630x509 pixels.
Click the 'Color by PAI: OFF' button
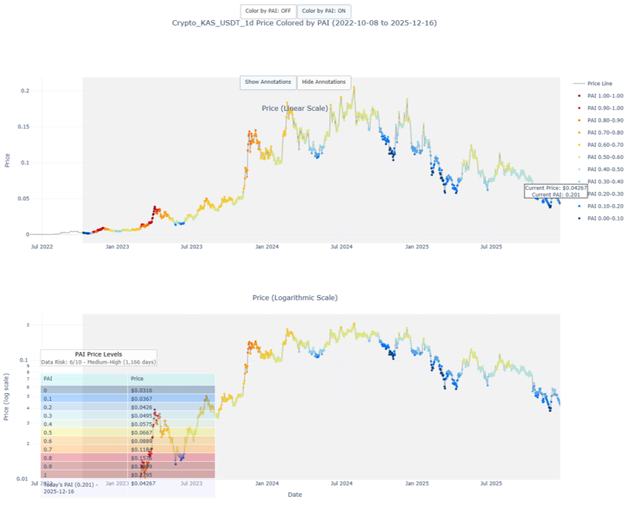point(268,11)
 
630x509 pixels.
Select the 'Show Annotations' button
point(268,82)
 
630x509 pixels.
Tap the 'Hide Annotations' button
point(324,82)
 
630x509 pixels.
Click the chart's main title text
point(305,23)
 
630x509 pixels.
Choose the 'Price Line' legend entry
point(599,84)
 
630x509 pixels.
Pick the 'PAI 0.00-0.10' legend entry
point(605,218)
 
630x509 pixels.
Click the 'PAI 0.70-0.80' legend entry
point(605,132)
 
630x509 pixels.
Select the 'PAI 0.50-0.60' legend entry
point(605,157)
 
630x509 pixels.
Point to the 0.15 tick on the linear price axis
point(24,127)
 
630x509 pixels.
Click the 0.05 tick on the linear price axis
point(24,198)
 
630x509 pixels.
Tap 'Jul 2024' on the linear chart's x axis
point(341,247)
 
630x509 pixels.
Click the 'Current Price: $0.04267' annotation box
point(556,191)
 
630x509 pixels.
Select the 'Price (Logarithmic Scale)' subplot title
point(295,297)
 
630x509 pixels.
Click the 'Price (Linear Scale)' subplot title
point(295,108)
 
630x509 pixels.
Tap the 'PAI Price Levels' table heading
point(98,354)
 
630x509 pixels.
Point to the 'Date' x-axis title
point(295,495)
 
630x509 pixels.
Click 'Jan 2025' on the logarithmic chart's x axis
point(416,483)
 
